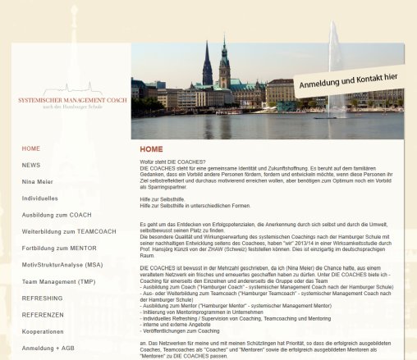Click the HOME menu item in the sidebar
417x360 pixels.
click(x=31, y=148)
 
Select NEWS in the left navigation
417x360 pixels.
click(x=31, y=165)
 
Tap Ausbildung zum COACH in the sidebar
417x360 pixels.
click(x=57, y=215)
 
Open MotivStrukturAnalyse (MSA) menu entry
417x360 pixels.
click(x=62, y=265)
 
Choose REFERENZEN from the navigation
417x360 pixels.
click(x=43, y=314)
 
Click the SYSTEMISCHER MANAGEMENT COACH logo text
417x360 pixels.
click(x=72, y=99)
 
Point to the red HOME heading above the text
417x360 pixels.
click(x=151, y=149)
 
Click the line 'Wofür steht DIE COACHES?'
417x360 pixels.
click(x=172, y=161)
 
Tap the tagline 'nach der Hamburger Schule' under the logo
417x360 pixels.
click(x=73, y=107)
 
